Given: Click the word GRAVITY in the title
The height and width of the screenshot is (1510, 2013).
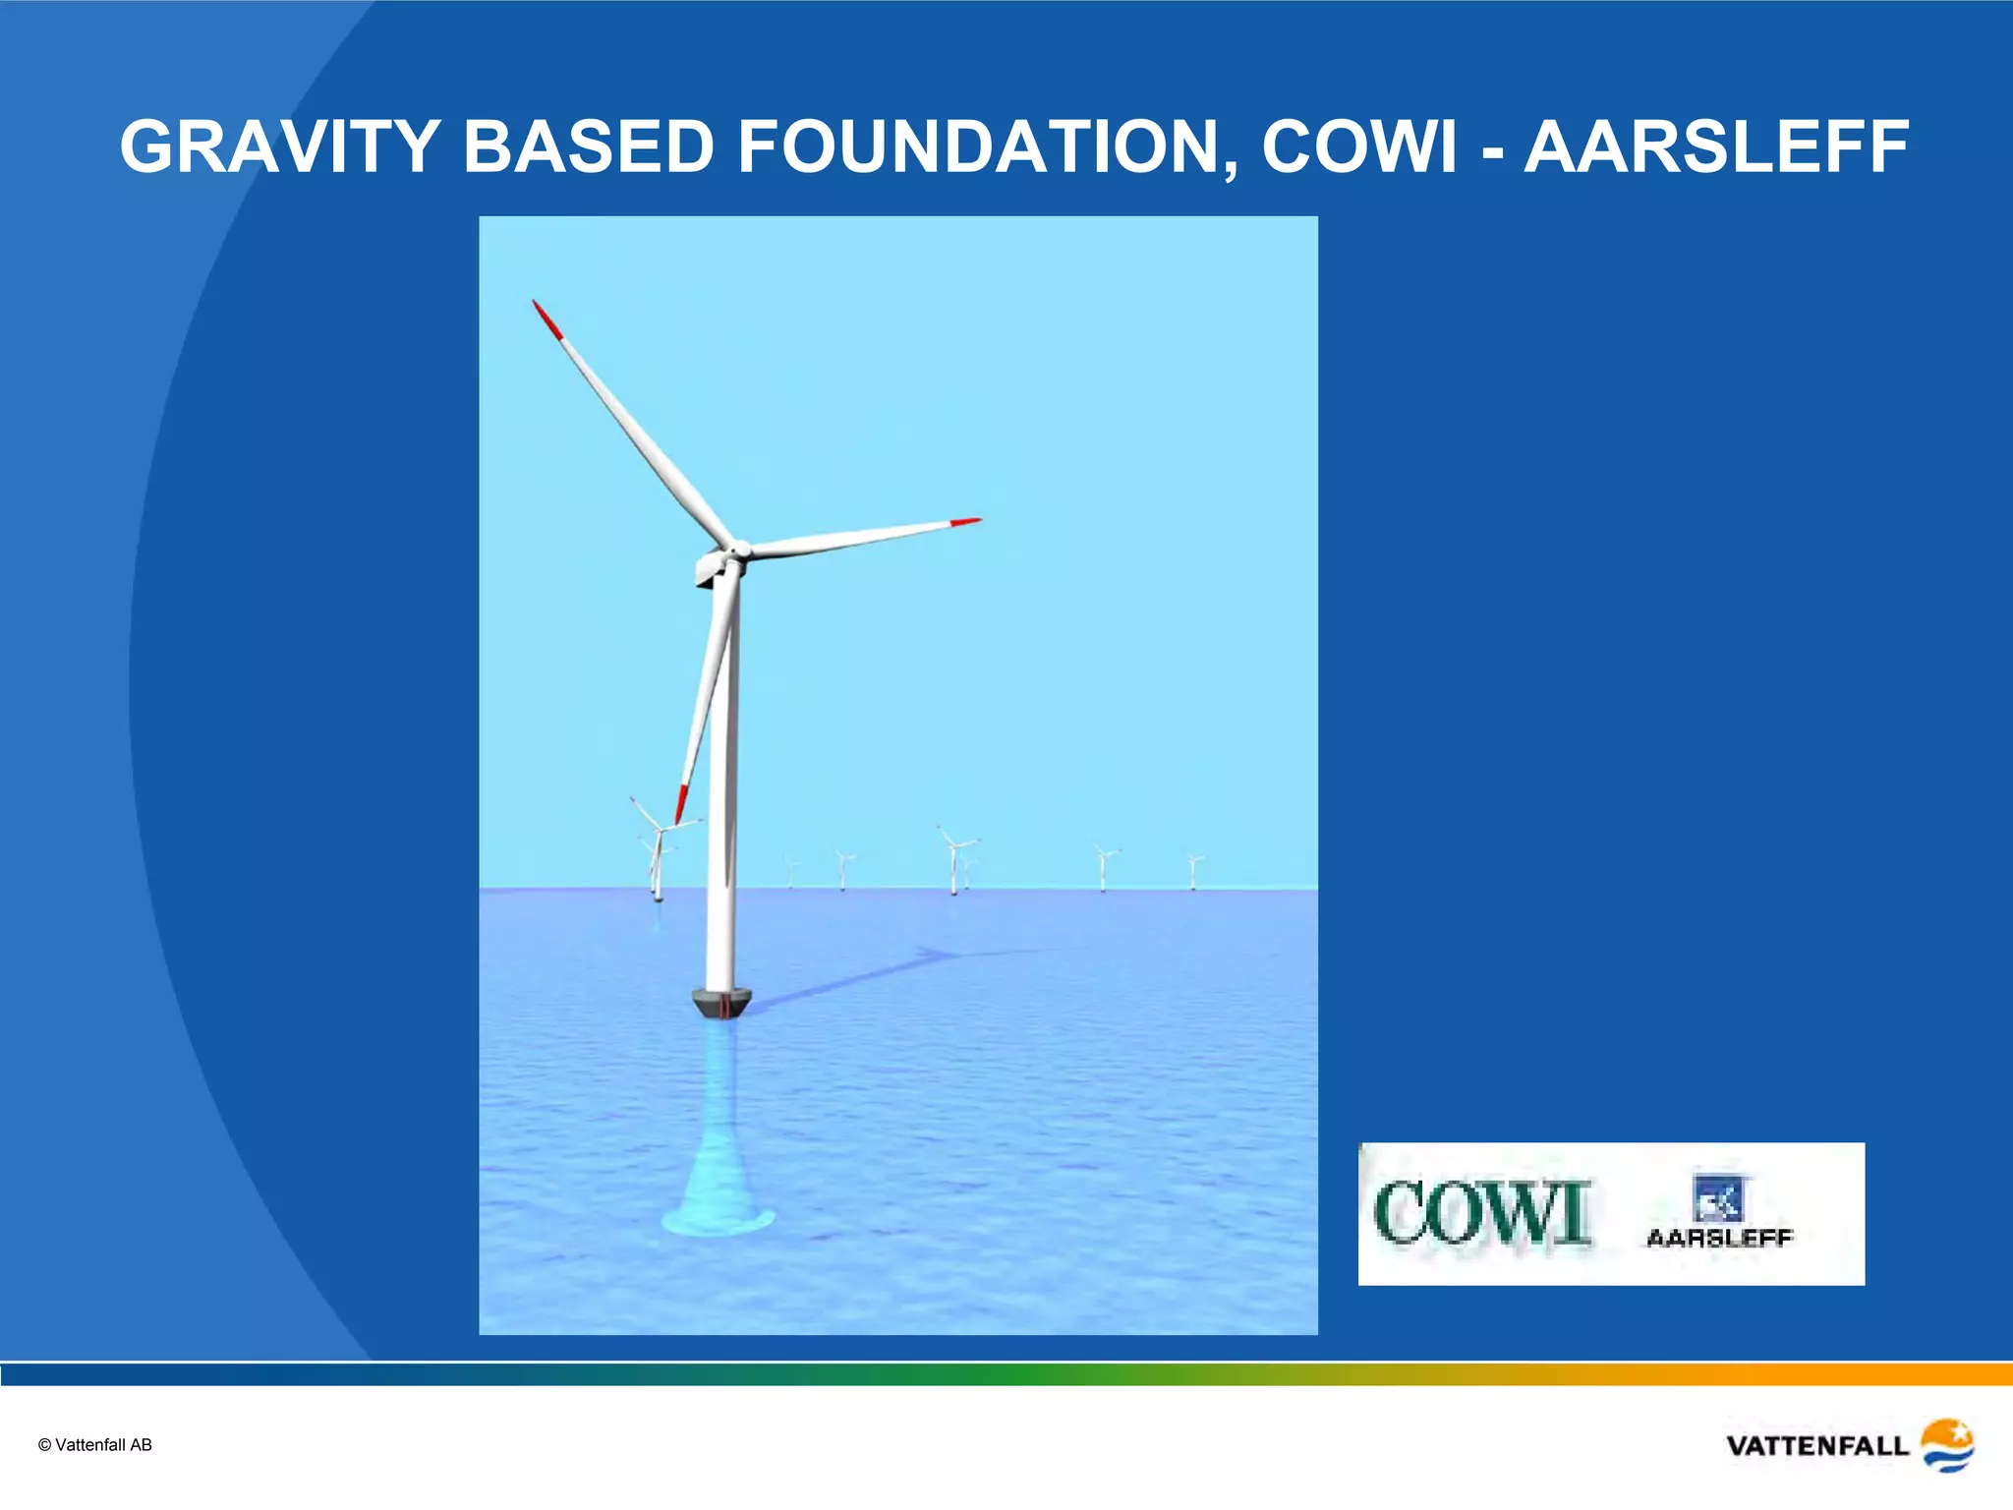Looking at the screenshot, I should click(279, 147).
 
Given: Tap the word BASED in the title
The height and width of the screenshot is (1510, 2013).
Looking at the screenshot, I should click(588, 147).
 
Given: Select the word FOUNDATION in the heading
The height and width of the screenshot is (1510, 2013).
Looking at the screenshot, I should click(987, 147).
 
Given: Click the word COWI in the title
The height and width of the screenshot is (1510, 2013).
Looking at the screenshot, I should click(1358, 147).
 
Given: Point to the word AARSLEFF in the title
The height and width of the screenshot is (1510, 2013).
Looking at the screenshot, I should click(1716, 147).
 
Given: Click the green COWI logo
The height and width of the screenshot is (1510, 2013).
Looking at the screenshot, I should click(1482, 1215).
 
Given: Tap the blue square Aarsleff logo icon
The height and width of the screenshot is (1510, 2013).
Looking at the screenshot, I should click(1718, 1198).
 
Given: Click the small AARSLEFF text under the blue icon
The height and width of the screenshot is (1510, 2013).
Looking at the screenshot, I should click(1720, 1239).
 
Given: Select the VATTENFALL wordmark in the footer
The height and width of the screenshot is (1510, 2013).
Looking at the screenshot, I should click(1816, 1446).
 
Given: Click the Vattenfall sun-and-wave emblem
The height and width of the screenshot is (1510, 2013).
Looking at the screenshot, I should click(1947, 1444).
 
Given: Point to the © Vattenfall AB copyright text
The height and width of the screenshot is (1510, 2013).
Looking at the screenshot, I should click(95, 1445).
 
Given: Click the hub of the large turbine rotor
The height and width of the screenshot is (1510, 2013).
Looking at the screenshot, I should click(738, 551).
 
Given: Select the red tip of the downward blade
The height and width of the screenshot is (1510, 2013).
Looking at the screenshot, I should click(680, 803).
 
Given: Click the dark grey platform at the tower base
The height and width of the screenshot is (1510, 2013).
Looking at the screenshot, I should click(721, 1004).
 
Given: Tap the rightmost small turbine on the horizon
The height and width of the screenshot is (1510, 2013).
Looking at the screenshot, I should click(1193, 871).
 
